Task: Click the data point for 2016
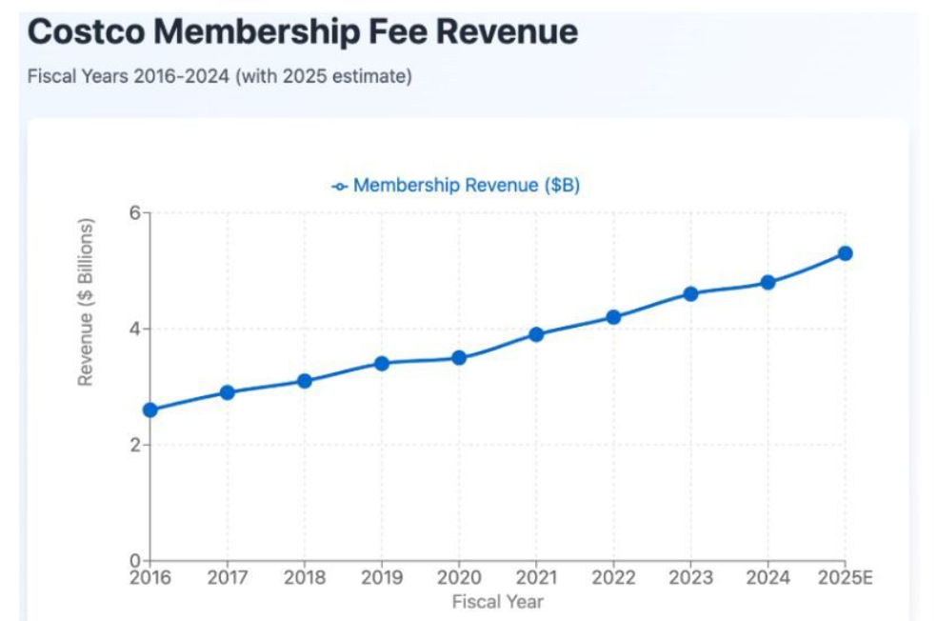click(x=150, y=410)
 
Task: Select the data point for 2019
click(x=382, y=363)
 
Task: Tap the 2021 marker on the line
click(x=536, y=334)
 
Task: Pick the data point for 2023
click(x=690, y=293)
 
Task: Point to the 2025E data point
click(x=845, y=253)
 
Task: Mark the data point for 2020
click(x=459, y=357)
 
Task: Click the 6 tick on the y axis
click(x=134, y=212)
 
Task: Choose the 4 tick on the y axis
click(x=134, y=329)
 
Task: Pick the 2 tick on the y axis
click(x=134, y=445)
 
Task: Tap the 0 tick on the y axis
click(x=134, y=560)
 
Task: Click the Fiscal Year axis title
click(x=497, y=601)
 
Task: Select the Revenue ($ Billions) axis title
click(x=86, y=302)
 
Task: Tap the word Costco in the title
click(x=86, y=32)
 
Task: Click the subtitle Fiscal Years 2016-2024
click(x=219, y=76)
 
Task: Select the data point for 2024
click(x=768, y=282)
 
